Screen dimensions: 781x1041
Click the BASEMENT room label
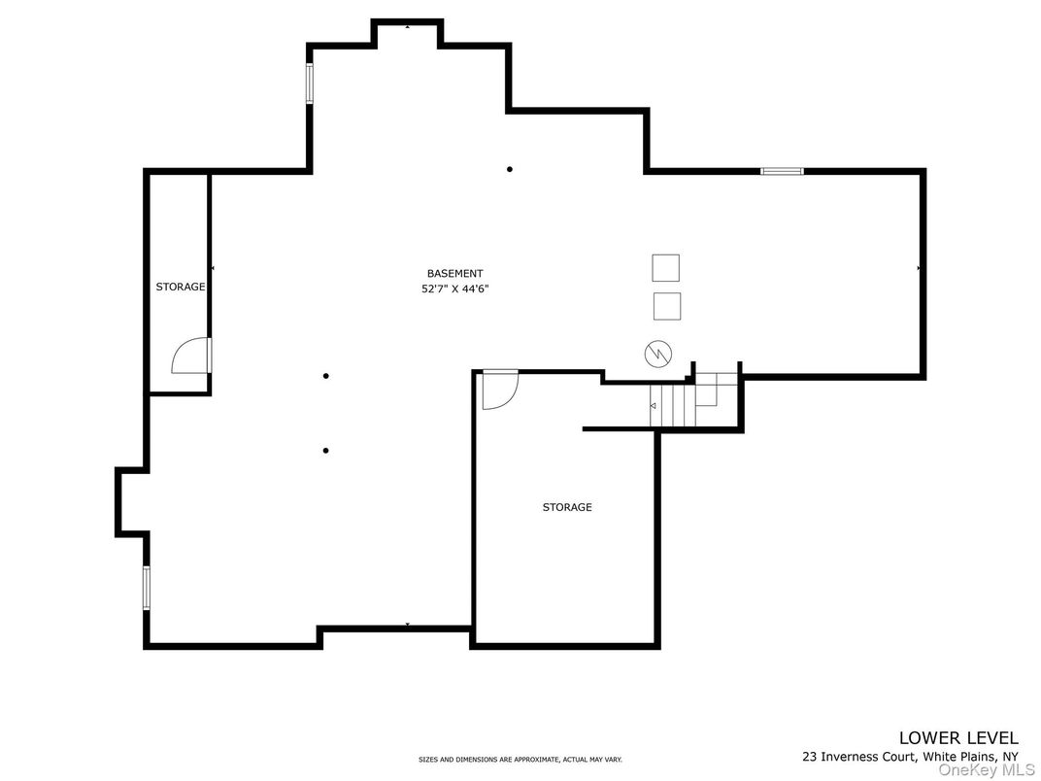[454, 274]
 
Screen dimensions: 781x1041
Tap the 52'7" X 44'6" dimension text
[454, 289]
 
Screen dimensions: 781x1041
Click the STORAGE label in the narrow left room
[181, 287]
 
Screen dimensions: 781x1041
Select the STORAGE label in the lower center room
[567, 507]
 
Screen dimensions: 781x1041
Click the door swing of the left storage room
[191, 357]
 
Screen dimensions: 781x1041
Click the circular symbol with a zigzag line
[658, 354]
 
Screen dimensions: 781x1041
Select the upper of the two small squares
[665, 267]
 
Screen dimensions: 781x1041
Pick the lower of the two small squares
[666, 306]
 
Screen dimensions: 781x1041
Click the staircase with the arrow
[672, 404]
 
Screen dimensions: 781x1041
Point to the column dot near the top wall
[509, 169]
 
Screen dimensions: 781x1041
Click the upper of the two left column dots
[326, 376]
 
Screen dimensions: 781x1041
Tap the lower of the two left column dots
[325, 450]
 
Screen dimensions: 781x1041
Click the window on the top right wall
[782, 171]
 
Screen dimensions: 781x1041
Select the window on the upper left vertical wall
[310, 84]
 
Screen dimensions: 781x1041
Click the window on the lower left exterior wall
[147, 588]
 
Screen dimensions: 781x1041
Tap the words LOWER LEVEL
[958, 737]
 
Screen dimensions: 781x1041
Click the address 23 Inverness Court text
[910, 756]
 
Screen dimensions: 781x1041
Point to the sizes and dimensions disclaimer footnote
[520, 759]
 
